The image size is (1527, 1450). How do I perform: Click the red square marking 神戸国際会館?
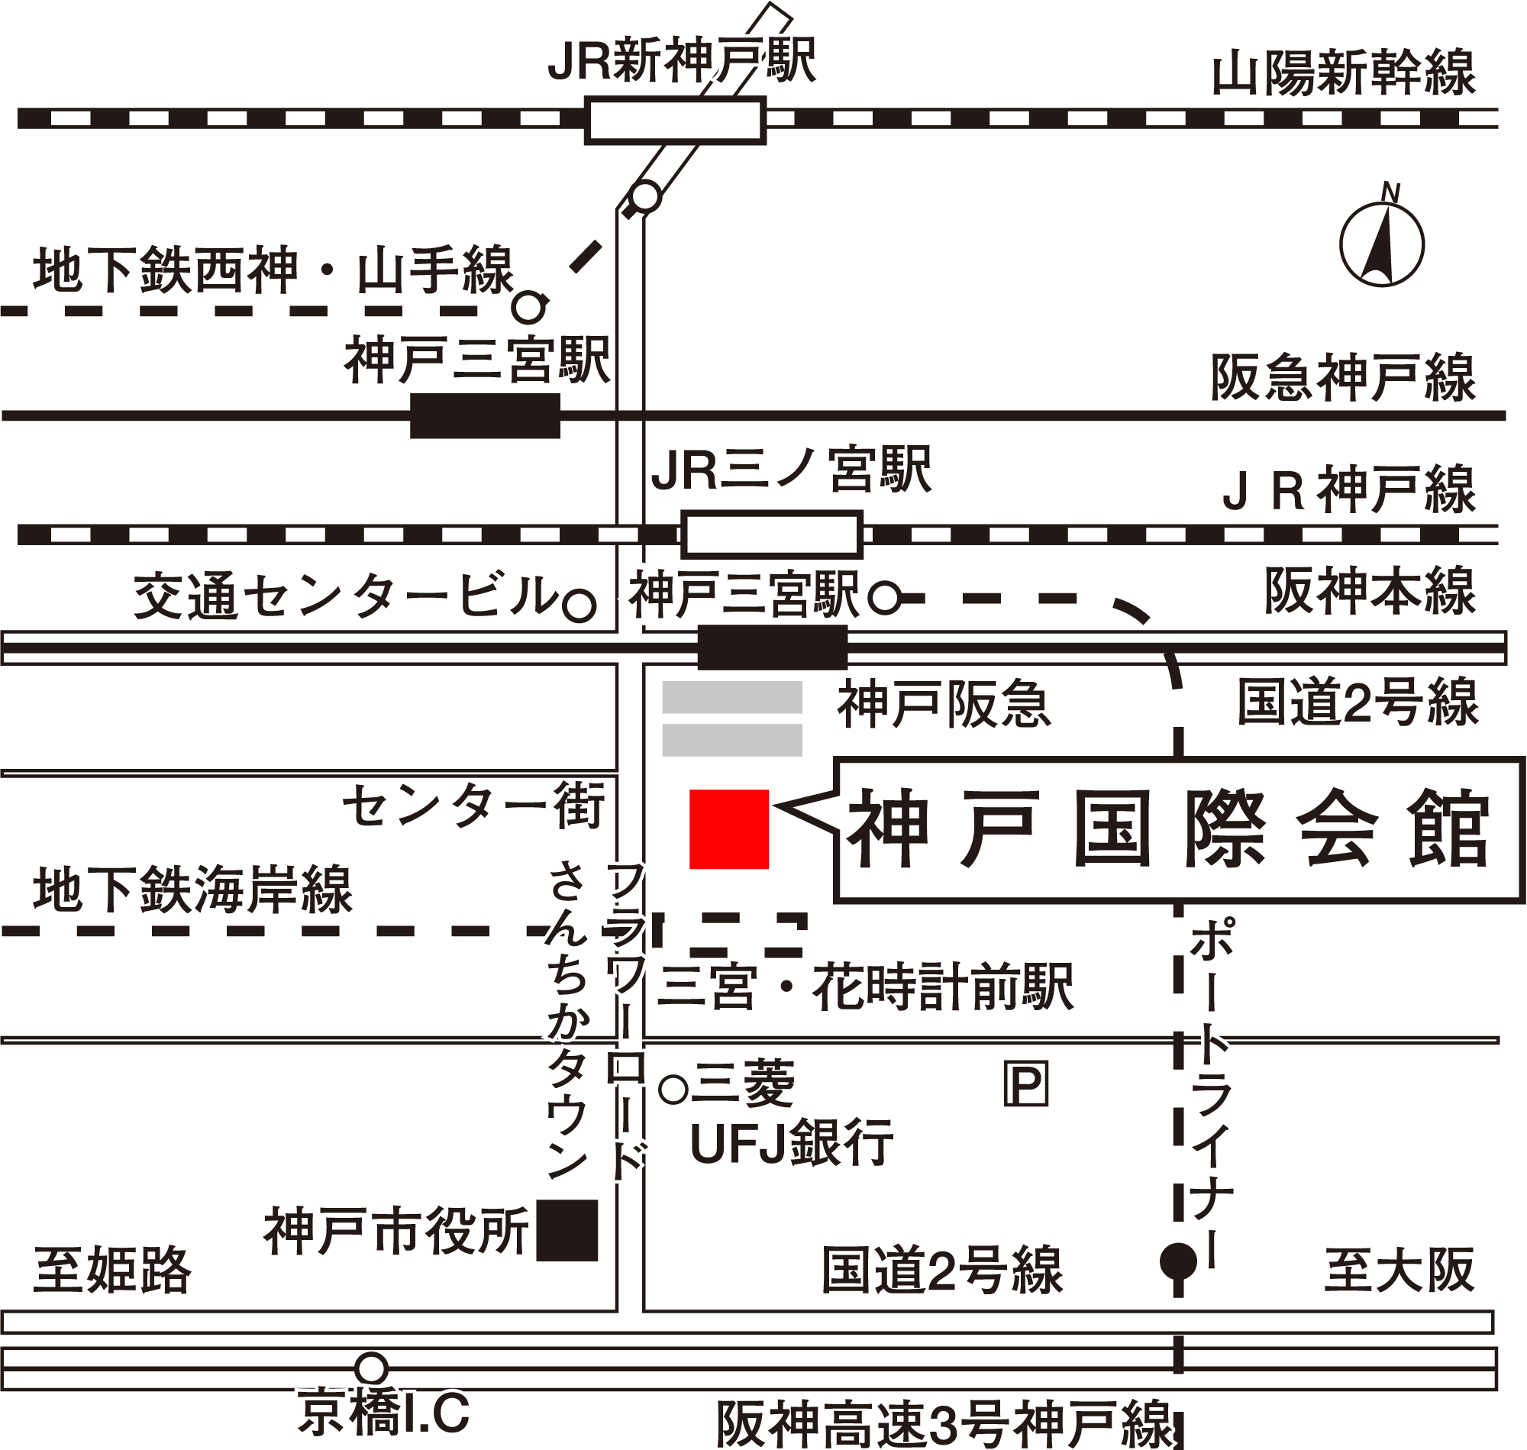pos(728,828)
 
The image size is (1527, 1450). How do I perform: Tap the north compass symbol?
pos(1382,244)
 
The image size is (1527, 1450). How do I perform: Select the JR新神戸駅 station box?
pos(675,121)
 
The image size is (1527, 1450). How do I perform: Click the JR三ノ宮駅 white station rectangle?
pos(771,534)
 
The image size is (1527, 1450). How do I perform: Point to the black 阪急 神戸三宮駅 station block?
pos(485,416)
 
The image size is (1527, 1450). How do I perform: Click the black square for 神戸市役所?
pos(567,1231)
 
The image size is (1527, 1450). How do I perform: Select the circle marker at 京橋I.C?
pos(372,1367)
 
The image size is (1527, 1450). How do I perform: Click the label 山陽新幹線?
pos(1343,74)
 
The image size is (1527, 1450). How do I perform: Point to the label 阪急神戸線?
pos(1343,379)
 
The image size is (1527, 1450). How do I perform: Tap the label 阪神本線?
pos(1370,591)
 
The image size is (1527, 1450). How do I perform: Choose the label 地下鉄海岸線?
pos(192,890)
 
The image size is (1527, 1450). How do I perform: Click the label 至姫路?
pos(112,1270)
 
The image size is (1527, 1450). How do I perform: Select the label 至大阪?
pos(1399,1270)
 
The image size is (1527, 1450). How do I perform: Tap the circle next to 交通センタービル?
pos(579,606)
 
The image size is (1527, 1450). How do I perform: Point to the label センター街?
pos(473,806)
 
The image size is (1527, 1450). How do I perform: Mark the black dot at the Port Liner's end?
pos(1179,1262)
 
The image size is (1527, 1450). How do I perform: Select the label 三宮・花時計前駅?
pos(866,987)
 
